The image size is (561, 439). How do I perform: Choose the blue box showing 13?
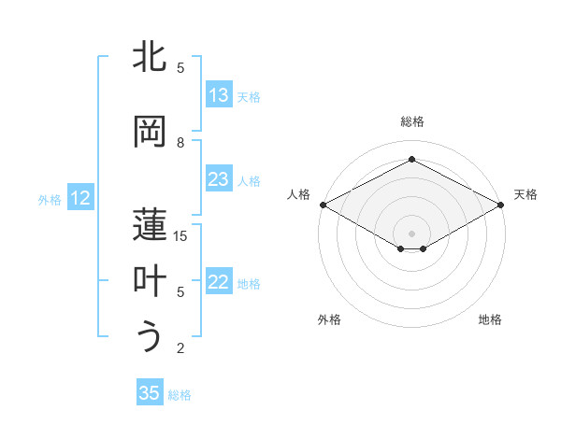[x=219, y=94]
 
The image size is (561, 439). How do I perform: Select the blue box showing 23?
[x=219, y=179]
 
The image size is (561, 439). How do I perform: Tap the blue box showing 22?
[x=219, y=283]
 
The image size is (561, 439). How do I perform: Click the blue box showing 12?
[x=79, y=198]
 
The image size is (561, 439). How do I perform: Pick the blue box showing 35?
[x=150, y=393]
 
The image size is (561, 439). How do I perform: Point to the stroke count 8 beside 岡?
[x=180, y=143]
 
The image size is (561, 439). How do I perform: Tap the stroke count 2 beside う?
[x=180, y=348]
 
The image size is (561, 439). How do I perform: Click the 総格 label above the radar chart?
[x=412, y=121]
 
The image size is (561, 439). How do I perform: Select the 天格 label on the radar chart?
[x=525, y=194]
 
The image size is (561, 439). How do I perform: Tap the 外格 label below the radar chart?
[x=329, y=319]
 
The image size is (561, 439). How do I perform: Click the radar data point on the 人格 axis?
[x=323, y=205]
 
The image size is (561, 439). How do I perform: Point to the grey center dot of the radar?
[x=411, y=232]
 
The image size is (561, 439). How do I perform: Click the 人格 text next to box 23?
[x=249, y=180]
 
